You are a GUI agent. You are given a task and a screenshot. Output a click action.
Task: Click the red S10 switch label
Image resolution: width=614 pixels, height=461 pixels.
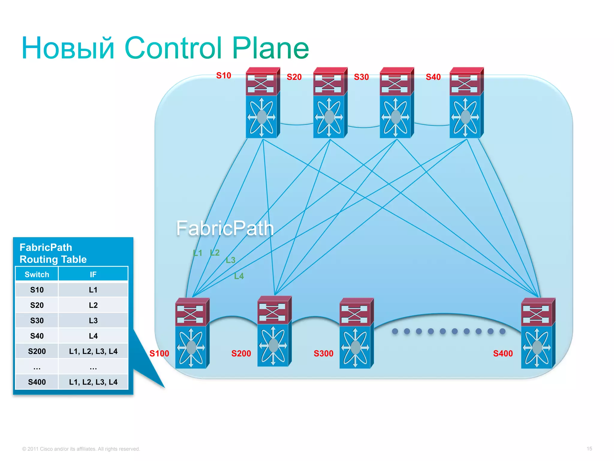coord(223,75)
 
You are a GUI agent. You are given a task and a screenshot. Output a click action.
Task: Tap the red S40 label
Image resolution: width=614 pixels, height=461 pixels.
coord(433,77)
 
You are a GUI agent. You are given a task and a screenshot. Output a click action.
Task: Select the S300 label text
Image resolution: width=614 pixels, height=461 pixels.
coord(323,354)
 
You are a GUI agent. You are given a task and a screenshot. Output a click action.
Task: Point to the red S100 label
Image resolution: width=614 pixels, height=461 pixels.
coord(159,354)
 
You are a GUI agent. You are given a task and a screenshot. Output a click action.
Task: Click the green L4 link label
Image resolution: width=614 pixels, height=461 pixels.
coord(239,276)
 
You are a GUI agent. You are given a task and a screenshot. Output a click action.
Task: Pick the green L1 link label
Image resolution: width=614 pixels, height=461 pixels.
coord(198,253)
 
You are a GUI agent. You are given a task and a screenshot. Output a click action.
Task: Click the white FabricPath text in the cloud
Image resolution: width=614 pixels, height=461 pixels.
coord(225,228)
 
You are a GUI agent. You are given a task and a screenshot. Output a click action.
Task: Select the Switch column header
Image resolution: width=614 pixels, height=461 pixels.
coord(37,274)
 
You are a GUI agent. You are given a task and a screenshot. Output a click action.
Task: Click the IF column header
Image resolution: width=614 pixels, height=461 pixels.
coord(93,274)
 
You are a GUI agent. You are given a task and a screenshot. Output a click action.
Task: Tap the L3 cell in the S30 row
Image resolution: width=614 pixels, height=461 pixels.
coord(93,321)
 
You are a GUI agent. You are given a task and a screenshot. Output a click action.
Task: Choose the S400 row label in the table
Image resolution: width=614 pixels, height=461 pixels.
coord(37,382)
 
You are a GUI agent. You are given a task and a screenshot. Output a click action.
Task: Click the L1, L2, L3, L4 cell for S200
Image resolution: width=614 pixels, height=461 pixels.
coord(93,351)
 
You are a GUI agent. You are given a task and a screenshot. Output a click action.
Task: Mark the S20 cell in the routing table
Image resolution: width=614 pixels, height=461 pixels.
coord(37,305)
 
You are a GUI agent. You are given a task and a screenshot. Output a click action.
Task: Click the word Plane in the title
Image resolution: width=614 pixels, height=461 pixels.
coord(270,48)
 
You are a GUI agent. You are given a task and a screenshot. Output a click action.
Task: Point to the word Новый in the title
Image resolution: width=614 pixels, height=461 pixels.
coord(68,48)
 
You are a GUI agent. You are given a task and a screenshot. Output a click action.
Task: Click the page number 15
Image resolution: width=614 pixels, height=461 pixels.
coord(589,449)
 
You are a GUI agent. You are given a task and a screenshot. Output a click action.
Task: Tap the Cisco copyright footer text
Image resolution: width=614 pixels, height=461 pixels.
coord(81,449)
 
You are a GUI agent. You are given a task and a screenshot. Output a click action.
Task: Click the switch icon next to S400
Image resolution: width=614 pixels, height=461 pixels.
coord(538,333)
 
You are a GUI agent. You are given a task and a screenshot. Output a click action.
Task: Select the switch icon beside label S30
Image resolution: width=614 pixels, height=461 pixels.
coord(396,103)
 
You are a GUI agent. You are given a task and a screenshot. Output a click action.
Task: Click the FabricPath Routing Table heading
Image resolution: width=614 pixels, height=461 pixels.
coord(53,253)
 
